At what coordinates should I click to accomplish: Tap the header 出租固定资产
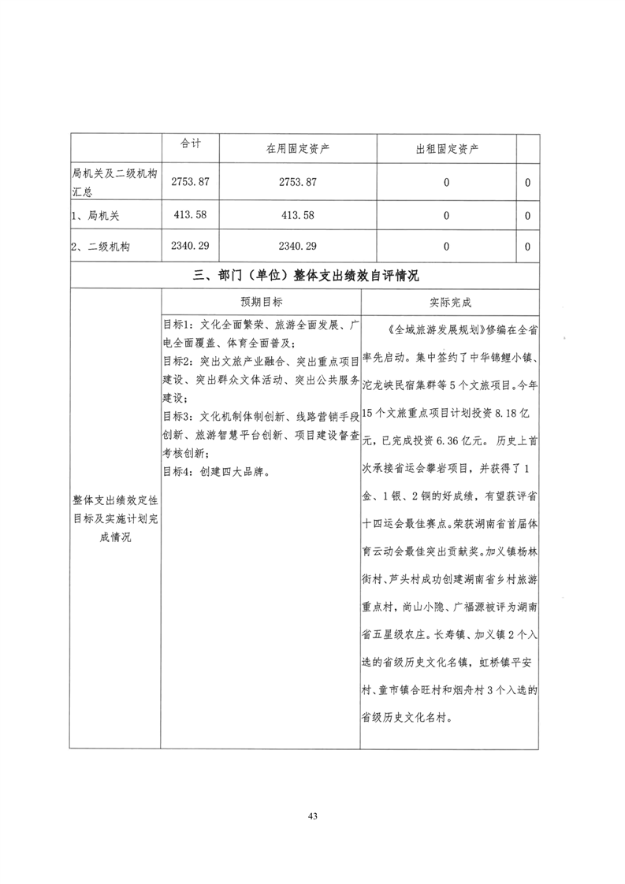click(x=447, y=148)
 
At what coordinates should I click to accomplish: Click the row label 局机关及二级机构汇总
click(x=115, y=182)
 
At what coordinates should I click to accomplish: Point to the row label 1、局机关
click(x=95, y=214)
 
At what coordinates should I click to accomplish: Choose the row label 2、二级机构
click(x=100, y=247)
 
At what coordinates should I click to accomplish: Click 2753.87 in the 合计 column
click(x=191, y=182)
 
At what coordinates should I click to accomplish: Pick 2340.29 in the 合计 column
click(x=191, y=247)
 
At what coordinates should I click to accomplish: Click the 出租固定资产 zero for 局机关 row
click(x=447, y=214)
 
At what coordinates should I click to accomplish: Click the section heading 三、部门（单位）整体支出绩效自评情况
click(x=305, y=276)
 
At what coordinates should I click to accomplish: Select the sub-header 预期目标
click(x=262, y=302)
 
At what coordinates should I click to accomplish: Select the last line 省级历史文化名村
click(x=408, y=719)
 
